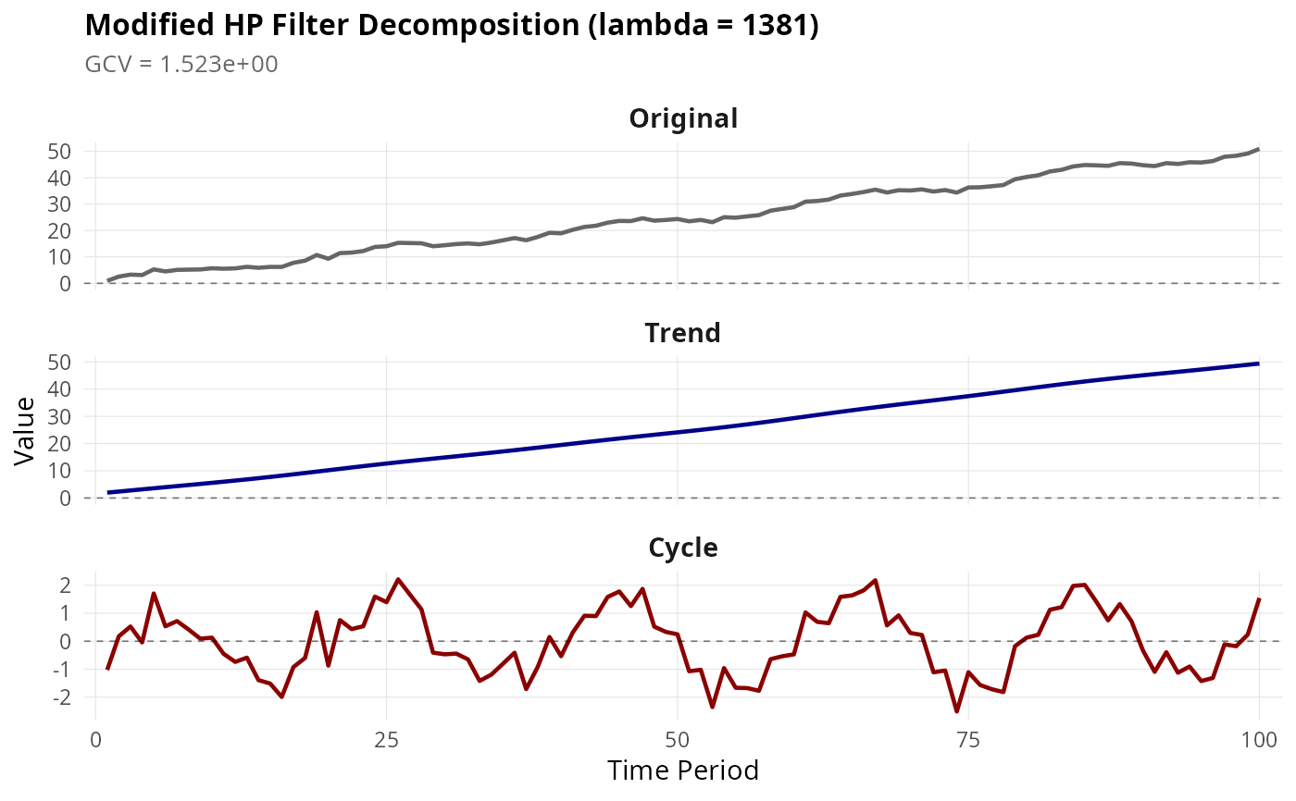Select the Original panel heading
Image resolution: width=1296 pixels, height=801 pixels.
(x=683, y=118)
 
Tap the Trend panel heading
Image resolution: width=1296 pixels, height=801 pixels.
(x=683, y=333)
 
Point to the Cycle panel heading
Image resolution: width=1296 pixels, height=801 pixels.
(x=683, y=548)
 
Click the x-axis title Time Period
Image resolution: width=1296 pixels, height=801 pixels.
(x=683, y=770)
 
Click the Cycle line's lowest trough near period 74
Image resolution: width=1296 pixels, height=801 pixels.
(x=956, y=710)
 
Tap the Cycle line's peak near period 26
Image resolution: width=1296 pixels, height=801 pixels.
(x=398, y=580)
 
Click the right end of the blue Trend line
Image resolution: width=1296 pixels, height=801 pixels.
(x=1258, y=364)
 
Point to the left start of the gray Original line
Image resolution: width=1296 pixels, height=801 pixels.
(x=108, y=280)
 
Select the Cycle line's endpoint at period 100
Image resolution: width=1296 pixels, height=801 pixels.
(x=1259, y=599)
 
